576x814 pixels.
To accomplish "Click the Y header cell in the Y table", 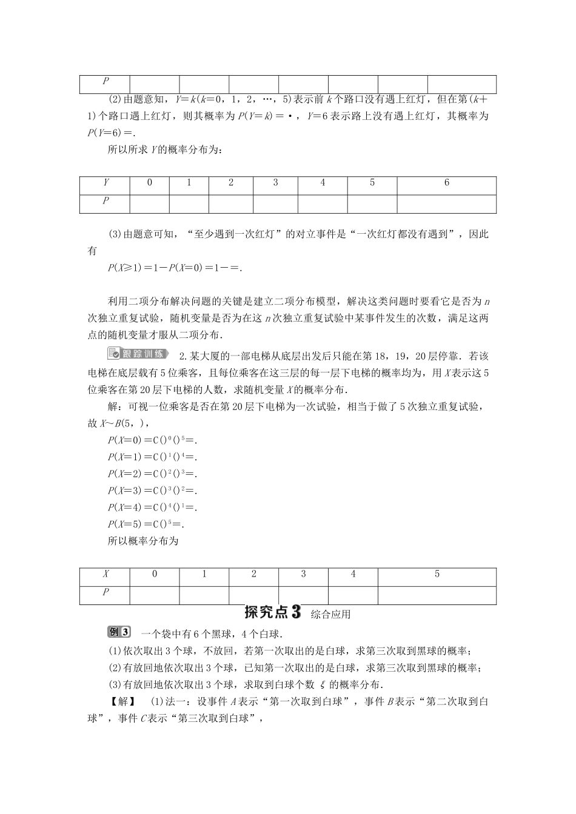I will [x=105, y=183].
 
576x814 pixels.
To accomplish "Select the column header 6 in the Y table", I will [x=446, y=183].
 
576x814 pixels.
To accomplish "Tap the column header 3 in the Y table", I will [x=275, y=183].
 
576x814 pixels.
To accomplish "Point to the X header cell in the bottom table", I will [x=105, y=574].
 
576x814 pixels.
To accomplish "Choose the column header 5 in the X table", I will [x=437, y=574].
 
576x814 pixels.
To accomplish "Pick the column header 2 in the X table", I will [x=253, y=574].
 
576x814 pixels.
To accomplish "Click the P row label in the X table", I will [x=105, y=594].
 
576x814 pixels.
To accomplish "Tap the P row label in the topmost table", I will [x=105, y=82].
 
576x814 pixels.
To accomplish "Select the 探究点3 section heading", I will [x=272, y=612].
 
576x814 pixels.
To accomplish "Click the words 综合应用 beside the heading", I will [x=330, y=614].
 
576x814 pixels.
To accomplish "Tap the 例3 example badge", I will [x=119, y=632].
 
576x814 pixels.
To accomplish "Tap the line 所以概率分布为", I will [x=142, y=541].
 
